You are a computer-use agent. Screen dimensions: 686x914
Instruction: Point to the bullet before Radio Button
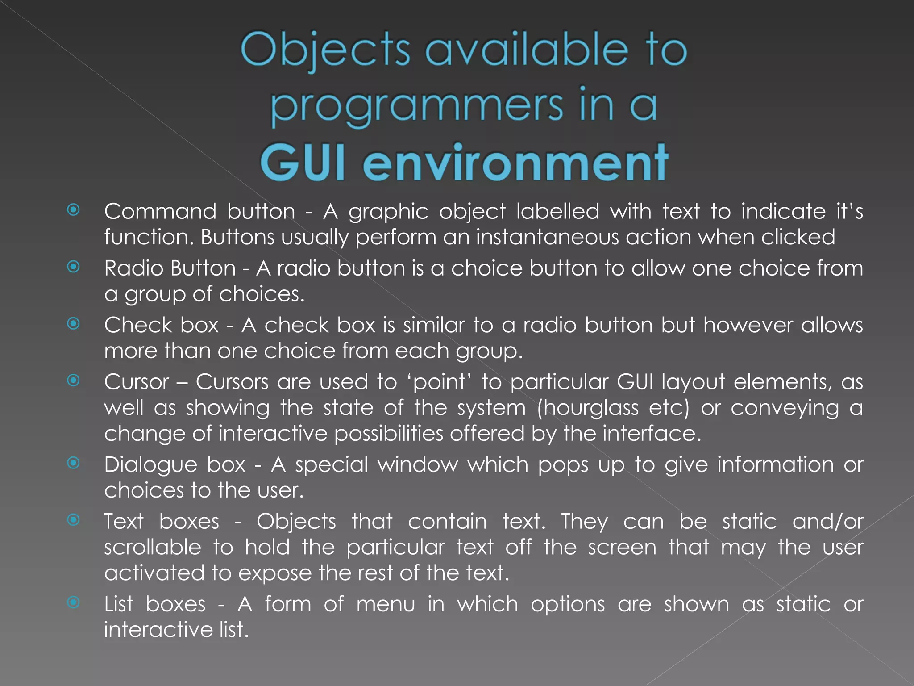pyautogui.click(x=74, y=267)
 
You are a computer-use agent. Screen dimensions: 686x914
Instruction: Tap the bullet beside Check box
pyautogui.click(x=74, y=323)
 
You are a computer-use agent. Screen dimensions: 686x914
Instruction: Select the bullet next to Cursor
pyautogui.click(x=74, y=380)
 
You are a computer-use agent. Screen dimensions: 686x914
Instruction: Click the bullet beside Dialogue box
pyautogui.click(x=74, y=463)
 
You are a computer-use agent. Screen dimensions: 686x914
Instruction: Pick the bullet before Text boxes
pyautogui.click(x=74, y=520)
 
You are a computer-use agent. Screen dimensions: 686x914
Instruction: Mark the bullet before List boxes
pyautogui.click(x=74, y=602)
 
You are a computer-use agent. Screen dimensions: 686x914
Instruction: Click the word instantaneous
pyautogui.click(x=547, y=237)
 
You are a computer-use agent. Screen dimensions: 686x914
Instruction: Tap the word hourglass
pyautogui.click(x=588, y=408)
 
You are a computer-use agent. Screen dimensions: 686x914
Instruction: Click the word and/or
pyautogui.click(x=827, y=522)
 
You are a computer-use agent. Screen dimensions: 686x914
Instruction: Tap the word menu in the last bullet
pyautogui.click(x=386, y=604)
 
